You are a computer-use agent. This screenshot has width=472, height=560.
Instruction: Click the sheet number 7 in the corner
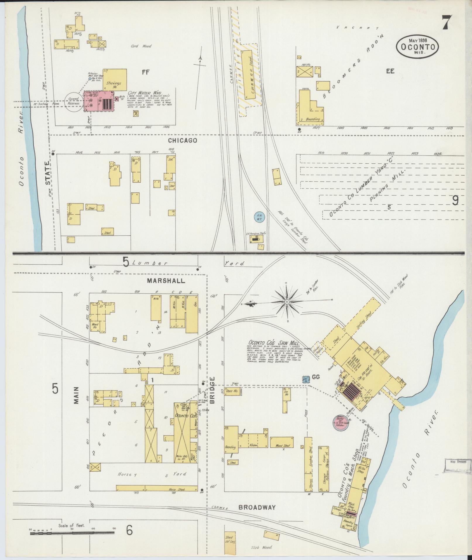[446, 22]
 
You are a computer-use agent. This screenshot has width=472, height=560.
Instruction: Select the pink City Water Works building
[99, 101]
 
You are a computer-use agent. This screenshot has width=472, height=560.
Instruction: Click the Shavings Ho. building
[115, 79]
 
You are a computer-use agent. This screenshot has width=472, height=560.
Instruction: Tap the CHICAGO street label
[182, 141]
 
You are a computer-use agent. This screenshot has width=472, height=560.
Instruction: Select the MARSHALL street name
[166, 281]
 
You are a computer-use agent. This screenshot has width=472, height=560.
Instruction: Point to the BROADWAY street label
[257, 302]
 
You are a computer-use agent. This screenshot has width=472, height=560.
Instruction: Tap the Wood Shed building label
[282, 454]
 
